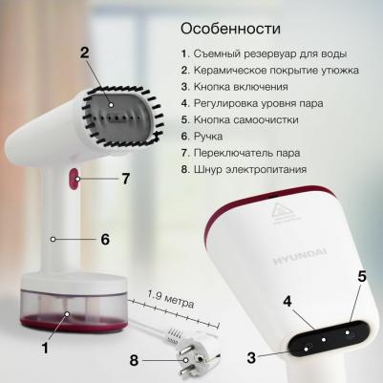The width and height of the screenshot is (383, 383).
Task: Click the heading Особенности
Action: (230, 29)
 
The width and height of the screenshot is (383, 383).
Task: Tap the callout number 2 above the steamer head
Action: (84, 53)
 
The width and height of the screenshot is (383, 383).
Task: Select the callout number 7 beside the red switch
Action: (126, 179)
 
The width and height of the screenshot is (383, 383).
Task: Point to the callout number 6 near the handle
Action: (105, 239)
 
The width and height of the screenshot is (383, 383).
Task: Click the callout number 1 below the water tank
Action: (46, 348)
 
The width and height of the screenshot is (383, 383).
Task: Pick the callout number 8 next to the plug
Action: (134, 361)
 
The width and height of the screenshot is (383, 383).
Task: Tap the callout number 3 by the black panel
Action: (251, 357)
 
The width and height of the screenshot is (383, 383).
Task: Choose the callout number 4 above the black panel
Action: (287, 301)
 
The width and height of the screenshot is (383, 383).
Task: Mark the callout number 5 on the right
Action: (362, 276)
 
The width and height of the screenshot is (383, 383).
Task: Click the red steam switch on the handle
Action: (74, 179)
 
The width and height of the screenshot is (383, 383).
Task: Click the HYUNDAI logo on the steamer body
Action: (300, 257)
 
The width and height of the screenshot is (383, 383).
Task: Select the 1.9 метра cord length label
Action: (171, 299)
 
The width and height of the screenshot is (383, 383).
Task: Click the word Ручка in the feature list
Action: (208, 137)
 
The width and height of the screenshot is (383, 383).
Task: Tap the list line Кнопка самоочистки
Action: (240, 119)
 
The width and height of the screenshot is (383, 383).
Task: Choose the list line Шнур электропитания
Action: (244, 169)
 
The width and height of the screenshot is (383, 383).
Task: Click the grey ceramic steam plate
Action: (117, 117)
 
